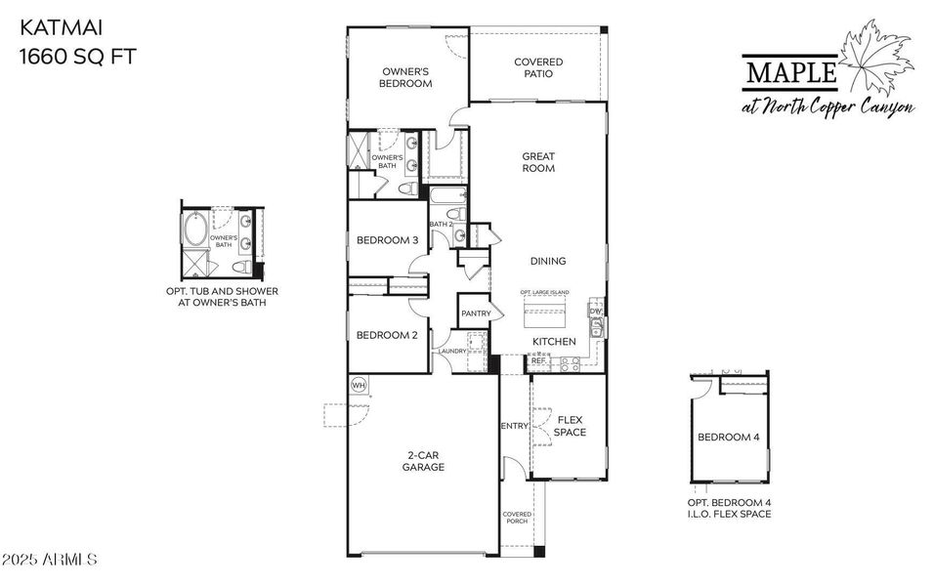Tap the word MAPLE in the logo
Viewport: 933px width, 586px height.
(790, 72)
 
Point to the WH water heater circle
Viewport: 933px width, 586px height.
(358, 384)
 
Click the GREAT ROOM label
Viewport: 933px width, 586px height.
(537, 162)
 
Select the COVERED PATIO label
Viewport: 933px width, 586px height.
(538, 67)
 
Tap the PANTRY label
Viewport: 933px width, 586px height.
(476, 314)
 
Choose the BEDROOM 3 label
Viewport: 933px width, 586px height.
(387, 241)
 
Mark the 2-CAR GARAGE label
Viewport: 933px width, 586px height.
(426, 461)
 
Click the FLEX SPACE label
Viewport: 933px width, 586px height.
(570, 426)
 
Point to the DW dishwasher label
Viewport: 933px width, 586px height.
(594, 312)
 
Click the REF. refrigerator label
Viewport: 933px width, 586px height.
(538, 360)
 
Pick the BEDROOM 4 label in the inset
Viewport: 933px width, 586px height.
(728, 437)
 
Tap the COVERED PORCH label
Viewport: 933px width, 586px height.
(516, 518)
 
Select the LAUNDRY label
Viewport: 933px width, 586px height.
(451, 351)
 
